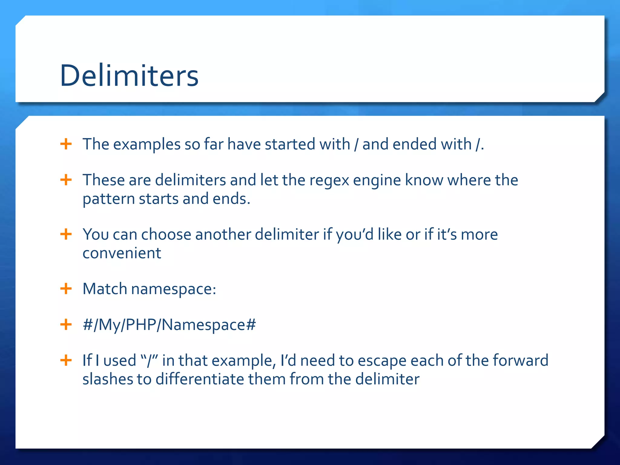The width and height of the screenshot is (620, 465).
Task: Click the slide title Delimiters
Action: [x=129, y=76]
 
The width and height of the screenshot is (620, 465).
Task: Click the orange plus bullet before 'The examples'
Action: [x=66, y=144]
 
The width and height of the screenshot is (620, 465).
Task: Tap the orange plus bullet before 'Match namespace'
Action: [x=66, y=289]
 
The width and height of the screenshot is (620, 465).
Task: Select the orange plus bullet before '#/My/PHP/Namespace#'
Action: [x=66, y=325]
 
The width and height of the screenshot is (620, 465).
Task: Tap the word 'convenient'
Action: [x=122, y=253]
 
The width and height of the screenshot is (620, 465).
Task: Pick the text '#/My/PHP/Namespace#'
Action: [x=169, y=325]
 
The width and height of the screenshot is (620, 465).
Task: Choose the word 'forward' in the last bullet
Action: [x=520, y=360]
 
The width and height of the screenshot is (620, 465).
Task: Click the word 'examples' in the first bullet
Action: [x=147, y=144]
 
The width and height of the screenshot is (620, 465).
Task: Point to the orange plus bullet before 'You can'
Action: [x=66, y=234]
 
